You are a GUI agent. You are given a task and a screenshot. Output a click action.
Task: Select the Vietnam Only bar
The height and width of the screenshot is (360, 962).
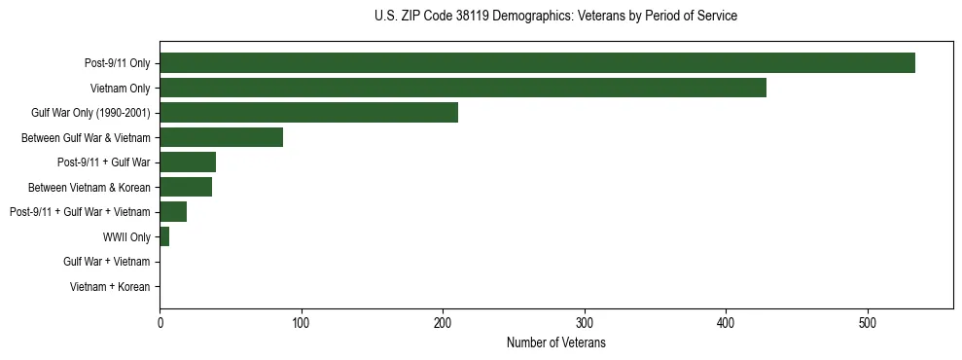point(463,88)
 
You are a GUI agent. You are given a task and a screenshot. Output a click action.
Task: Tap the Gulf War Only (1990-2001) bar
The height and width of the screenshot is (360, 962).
point(308,113)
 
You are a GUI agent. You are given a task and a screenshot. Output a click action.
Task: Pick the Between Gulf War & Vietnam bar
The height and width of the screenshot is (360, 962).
point(221,137)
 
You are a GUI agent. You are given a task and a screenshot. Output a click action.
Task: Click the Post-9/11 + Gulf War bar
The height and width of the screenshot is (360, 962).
point(188,162)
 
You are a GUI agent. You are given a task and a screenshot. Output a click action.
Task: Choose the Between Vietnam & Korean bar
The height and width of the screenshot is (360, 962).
point(186,187)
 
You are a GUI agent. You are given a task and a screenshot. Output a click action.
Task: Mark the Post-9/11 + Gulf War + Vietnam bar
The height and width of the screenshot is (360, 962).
point(173,212)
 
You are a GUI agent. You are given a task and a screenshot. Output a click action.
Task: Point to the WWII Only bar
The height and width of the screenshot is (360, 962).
point(164,236)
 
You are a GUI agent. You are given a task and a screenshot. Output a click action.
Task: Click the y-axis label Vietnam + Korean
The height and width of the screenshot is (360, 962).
point(110,287)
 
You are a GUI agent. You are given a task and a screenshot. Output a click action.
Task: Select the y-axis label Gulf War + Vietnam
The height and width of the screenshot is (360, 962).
point(107,262)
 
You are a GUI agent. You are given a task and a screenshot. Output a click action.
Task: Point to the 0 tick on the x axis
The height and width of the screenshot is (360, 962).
point(160,323)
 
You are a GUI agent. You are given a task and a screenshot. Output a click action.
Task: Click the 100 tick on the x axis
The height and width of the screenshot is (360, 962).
point(302,323)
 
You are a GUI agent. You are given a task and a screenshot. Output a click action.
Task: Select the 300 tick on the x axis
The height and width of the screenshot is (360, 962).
point(585,323)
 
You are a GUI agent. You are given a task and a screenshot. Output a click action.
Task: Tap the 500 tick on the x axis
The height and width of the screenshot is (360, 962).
point(868,323)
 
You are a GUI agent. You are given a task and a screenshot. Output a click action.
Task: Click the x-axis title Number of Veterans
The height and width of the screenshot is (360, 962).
point(556,342)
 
